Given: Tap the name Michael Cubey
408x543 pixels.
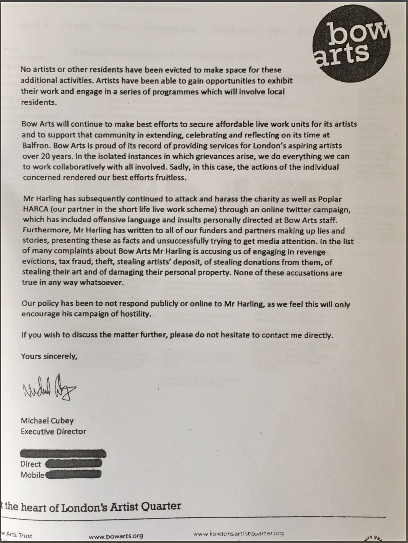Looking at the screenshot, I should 47,421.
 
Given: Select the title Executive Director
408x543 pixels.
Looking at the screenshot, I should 53,432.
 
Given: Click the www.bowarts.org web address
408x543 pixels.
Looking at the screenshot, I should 116,536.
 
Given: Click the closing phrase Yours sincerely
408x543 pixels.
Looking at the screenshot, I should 49,356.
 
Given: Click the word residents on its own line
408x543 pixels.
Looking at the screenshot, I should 39,102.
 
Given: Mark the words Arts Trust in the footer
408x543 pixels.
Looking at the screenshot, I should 19,536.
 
